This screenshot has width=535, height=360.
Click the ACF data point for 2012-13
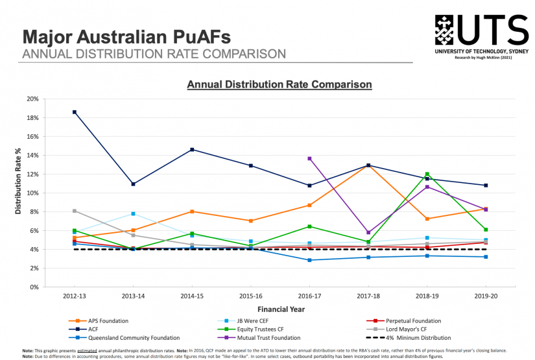tap(75, 112)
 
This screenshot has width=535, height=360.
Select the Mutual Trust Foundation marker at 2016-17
tap(309, 158)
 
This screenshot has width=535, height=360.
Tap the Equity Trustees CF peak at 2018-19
tap(427, 174)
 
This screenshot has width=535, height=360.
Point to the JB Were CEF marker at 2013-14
tap(133, 213)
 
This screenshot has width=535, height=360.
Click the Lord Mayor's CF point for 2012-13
tap(75, 211)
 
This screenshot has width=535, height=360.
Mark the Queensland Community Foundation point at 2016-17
tap(309, 260)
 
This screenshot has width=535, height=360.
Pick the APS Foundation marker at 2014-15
tap(192, 211)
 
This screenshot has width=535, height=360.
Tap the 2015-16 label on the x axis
tap(250, 296)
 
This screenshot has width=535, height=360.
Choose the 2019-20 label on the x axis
tap(486, 296)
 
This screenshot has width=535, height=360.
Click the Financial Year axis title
tap(279, 309)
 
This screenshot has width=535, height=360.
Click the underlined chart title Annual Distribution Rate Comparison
tap(279, 84)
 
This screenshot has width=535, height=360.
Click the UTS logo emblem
tap(452, 29)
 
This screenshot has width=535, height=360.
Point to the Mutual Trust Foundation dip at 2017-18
tap(368, 232)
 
